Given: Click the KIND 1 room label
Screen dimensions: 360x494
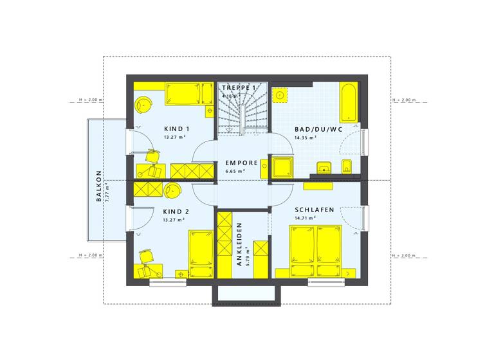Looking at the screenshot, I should coord(176,129).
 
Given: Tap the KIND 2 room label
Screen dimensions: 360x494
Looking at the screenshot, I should coord(176,212).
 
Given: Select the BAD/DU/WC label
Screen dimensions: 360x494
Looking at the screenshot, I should coord(318,129).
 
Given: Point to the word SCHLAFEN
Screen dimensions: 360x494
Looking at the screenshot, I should coord(315,210).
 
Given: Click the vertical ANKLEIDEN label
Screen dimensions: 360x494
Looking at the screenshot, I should coord(239,245).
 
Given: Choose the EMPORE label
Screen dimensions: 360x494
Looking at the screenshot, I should coord(241,163).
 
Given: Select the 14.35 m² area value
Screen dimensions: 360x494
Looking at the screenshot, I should coord(305,138).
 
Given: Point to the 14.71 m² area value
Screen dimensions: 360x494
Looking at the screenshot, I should coord(305,219).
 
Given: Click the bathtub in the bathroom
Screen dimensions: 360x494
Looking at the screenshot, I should coord(348,102).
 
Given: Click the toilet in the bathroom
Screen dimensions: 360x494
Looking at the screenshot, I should coord(347,166).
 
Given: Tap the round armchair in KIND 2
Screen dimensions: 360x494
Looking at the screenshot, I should coord(172,190).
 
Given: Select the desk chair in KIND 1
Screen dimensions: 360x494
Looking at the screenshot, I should coord(154,156).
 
